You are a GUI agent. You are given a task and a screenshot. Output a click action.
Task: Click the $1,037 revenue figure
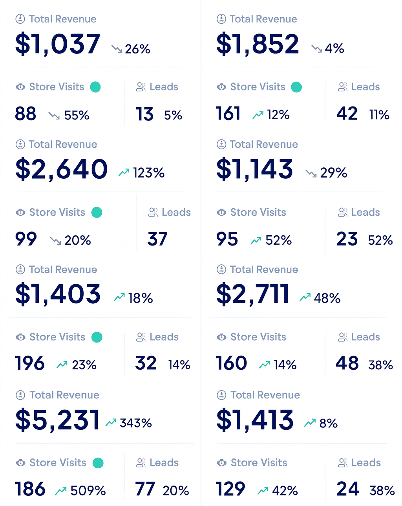tap(58, 44)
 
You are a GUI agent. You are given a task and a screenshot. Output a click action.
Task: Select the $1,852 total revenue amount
tap(258, 44)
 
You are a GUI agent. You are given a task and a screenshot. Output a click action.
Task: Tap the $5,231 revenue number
tap(57, 420)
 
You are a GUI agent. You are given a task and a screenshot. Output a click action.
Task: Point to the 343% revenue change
tap(135, 423)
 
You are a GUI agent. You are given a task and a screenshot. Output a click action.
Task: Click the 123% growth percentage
tap(148, 173)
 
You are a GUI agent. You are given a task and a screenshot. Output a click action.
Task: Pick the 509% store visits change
tap(88, 491)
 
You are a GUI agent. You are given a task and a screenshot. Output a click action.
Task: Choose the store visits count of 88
tap(26, 114)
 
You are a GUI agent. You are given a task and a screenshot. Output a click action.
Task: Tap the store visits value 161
tap(228, 114)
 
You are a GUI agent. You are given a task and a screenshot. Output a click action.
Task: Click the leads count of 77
tap(145, 489)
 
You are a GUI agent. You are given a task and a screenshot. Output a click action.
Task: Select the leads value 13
tap(144, 114)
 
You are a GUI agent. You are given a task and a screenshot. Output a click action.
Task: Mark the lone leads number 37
tap(157, 239)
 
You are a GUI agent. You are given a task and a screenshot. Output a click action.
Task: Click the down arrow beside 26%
tap(117, 49)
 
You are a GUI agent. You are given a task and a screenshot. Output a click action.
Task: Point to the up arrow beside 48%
tap(305, 297)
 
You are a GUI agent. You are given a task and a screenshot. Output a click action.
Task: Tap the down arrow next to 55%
tap(54, 115)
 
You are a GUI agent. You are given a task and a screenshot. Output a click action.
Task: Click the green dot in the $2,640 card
tap(97, 213)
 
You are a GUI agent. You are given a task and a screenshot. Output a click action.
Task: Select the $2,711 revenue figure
tap(253, 294)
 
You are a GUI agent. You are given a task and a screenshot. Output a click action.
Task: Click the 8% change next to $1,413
tap(328, 423)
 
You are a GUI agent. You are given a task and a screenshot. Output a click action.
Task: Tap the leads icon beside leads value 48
tap(343, 337)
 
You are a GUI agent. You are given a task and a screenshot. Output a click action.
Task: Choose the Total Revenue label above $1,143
tap(264, 145)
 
